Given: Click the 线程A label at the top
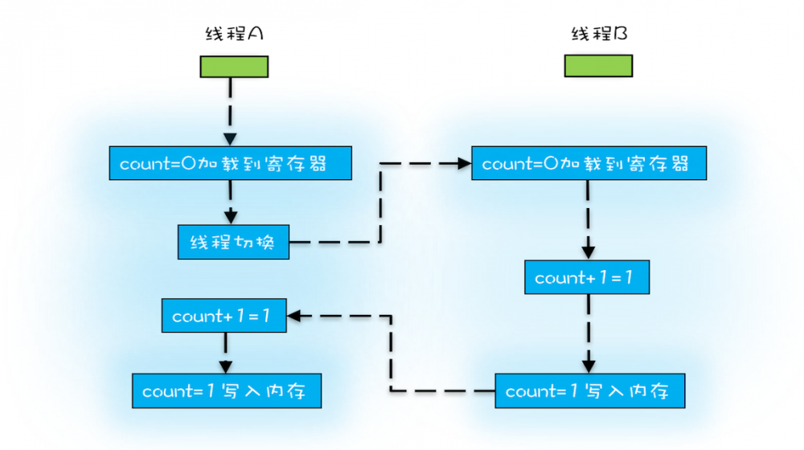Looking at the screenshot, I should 233,35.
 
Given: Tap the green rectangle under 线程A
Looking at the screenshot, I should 233,67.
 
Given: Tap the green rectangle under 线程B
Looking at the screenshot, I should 598,66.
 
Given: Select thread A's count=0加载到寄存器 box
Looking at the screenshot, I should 231,164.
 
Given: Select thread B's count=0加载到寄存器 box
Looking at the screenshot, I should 589,164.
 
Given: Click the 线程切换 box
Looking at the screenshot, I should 232,242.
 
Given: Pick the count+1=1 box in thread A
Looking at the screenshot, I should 224,316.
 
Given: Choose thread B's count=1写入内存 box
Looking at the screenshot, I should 590,391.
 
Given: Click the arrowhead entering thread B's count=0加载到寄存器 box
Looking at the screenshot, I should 464,164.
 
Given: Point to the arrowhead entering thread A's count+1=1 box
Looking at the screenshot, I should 295,316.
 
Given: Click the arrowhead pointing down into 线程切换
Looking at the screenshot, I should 231,218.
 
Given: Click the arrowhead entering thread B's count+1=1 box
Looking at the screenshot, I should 589,253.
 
